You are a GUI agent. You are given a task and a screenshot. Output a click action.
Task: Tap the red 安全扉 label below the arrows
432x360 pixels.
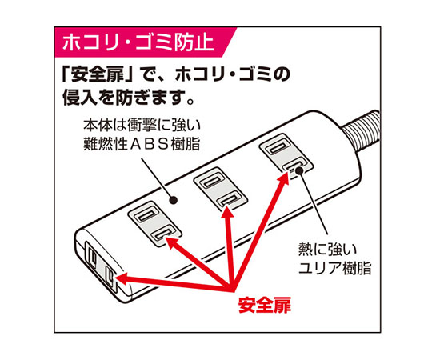(x=265, y=305)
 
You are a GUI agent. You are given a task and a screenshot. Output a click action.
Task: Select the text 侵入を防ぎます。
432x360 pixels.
(x=129, y=98)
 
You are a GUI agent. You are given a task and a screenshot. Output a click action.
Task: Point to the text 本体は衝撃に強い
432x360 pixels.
(x=142, y=126)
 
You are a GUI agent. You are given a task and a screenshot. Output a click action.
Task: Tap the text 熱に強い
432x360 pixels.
(x=327, y=249)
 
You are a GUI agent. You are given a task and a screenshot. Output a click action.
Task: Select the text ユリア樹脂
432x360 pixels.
(x=335, y=268)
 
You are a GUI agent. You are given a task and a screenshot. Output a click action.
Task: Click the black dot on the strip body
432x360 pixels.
(x=173, y=200)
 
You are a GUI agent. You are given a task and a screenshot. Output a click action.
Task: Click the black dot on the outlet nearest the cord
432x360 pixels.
(x=299, y=171)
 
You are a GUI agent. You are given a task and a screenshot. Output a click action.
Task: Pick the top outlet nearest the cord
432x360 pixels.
(x=286, y=154)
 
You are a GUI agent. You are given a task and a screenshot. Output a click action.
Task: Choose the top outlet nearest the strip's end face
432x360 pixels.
(x=155, y=224)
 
